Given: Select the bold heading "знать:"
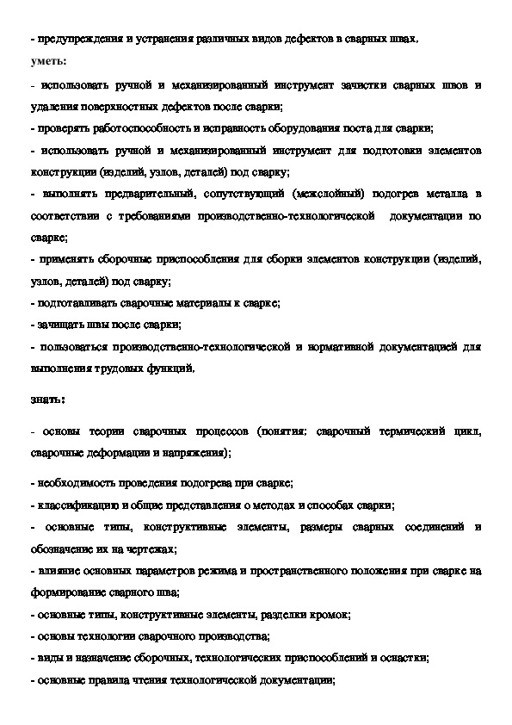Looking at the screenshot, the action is coord(45,399).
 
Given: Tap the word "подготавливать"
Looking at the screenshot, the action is coord(74,303).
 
